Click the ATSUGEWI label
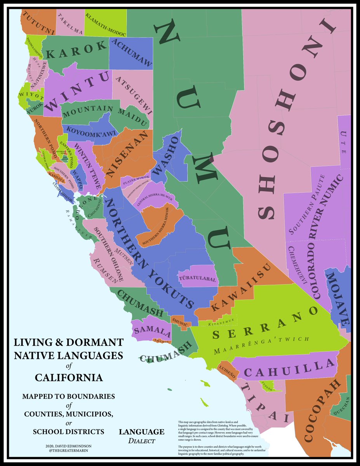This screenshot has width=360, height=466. (134, 94)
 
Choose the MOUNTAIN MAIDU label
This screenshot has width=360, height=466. (106, 115)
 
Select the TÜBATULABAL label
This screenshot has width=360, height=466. (198, 278)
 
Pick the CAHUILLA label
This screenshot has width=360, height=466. (290, 369)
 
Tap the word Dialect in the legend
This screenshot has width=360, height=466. (141, 441)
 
